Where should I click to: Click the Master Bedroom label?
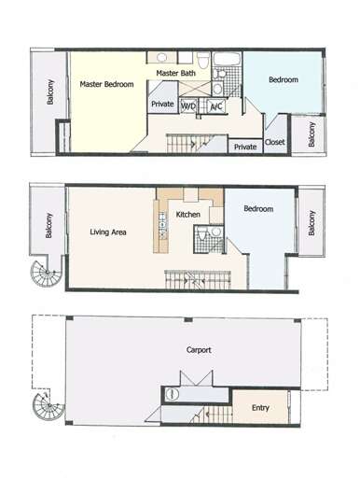tap(106, 84)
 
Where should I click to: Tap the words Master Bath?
tap(176, 73)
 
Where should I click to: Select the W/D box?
tap(188, 106)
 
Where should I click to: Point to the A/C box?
tap(216, 106)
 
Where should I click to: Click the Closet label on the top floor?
tap(275, 142)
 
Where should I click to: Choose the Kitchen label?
tap(187, 215)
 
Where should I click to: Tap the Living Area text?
tap(108, 232)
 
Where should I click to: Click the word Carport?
tap(199, 350)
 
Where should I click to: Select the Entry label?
tap(260, 408)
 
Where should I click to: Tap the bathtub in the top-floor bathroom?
tap(228, 59)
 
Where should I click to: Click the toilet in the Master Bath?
tap(203, 60)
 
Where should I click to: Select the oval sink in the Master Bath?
tap(161, 57)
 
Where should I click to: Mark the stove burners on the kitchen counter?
tap(163, 224)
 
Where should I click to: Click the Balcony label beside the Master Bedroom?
tap(50, 91)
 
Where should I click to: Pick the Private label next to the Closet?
tap(245, 147)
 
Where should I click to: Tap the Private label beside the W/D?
tap(162, 104)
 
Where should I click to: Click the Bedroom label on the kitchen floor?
tap(258, 208)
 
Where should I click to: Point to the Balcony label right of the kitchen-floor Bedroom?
tap(312, 223)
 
